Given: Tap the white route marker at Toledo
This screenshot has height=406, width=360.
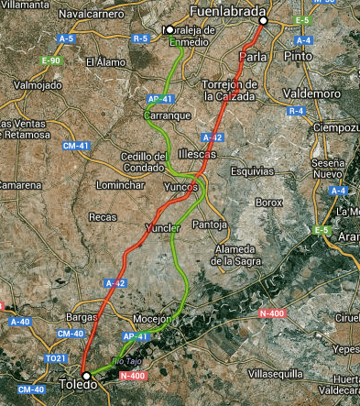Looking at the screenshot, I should (85, 376).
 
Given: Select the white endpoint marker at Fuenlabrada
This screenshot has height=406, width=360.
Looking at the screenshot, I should (263, 20).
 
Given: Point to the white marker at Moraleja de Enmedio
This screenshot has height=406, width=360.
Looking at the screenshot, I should (168, 28).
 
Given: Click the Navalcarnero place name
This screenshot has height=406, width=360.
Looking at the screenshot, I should (92, 15).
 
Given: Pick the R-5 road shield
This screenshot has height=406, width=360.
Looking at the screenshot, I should (140, 39).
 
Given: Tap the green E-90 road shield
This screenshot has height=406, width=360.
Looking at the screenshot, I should (50, 60).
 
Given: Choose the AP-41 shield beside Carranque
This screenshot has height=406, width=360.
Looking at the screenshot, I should (158, 98).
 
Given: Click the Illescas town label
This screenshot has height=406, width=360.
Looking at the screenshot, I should (200, 153).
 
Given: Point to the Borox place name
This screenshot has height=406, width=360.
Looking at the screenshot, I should (269, 201).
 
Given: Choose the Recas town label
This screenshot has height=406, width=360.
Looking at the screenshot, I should (102, 217).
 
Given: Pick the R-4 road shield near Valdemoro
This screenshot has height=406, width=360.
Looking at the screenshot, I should (296, 111).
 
